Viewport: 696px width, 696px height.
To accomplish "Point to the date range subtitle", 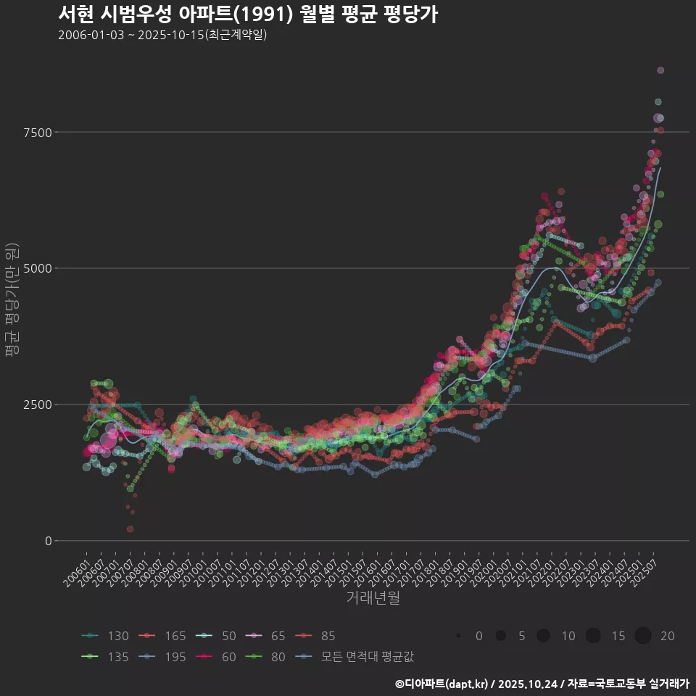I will [x=162, y=35].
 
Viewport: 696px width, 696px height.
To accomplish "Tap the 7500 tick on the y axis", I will [x=36, y=132].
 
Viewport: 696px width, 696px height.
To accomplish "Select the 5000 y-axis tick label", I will [x=36, y=268].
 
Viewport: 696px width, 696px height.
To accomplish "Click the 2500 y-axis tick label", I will [x=36, y=405].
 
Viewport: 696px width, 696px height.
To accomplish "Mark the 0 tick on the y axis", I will [x=48, y=541].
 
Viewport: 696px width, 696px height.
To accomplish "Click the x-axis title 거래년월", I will [x=373, y=597].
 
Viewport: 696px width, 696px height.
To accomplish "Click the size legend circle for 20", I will [x=643, y=636].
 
